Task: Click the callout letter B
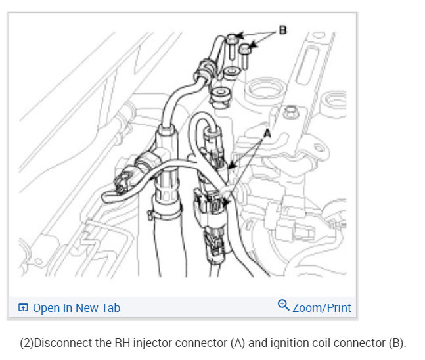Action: [282, 30]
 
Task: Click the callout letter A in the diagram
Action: [267, 133]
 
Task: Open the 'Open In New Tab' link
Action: [76, 307]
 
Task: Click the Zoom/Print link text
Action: [322, 307]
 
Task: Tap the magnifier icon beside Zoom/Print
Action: [284, 305]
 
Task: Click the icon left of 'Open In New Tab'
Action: [24, 307]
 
